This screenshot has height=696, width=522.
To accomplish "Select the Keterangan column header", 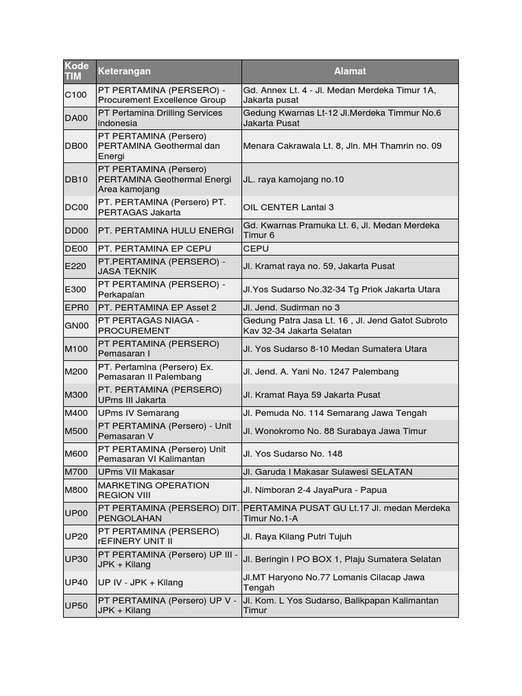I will (x=125, y=71).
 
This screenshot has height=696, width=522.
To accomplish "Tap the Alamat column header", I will (x=350, y=71).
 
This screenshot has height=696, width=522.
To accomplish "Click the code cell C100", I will (x=76, y=94).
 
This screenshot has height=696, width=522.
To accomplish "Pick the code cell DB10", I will (x=77, y=179).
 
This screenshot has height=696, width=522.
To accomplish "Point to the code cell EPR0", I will (x=77, y=307).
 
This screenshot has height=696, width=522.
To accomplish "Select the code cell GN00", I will (x=77, y=326).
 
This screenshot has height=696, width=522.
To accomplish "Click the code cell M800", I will (x=77, y=490).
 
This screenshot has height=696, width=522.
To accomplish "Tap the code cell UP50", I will (x=77, y=606).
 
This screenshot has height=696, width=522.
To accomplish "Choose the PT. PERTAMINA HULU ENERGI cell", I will (x=166, y=230).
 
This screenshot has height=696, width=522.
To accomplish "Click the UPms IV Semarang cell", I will (x=139, y=413).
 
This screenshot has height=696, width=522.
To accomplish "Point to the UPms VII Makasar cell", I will (x=137, y=472).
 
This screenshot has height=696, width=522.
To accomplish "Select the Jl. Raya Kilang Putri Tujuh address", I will (x=298, y=536).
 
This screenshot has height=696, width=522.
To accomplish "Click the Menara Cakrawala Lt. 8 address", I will (x=343, y=145).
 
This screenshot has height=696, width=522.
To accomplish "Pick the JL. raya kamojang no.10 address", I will (x=294, y=179).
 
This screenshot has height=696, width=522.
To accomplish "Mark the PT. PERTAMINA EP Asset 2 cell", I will (x=158, y=307).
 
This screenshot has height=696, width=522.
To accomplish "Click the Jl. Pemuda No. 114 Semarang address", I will (x=335, y=413).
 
